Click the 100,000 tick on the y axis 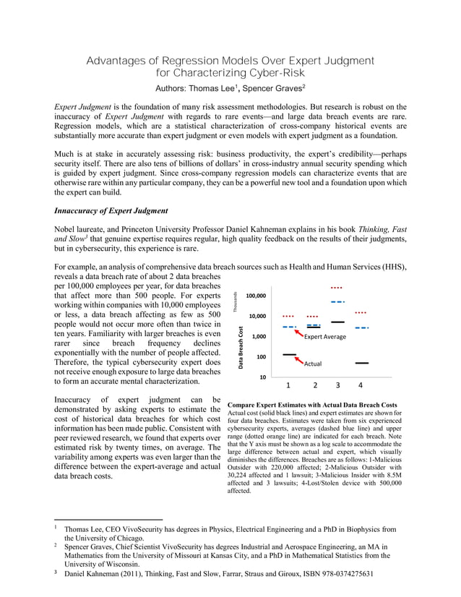[x=256, y=296]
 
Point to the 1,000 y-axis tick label [x=259, y=337]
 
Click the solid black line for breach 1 [x=289, y=355]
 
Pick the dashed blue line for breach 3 [x=337, y=301]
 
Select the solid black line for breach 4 [x=362, y=363]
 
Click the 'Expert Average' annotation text [x=325, y=338]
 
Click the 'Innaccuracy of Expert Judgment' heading [x=108, y=211]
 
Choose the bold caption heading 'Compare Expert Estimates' [x=312, y=404]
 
